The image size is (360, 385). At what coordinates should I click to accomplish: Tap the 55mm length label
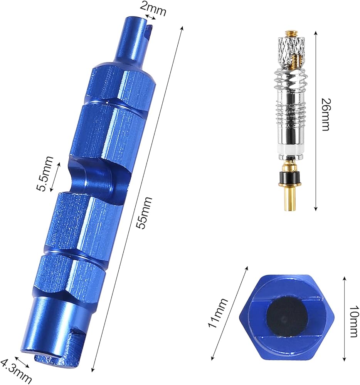pos(145,213)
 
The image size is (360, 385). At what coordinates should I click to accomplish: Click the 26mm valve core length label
pos(326,114)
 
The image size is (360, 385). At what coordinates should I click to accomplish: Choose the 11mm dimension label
pos(218,313)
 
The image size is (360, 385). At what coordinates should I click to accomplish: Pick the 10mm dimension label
pos(353,321)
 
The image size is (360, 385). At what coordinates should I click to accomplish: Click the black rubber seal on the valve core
pos(290,177)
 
